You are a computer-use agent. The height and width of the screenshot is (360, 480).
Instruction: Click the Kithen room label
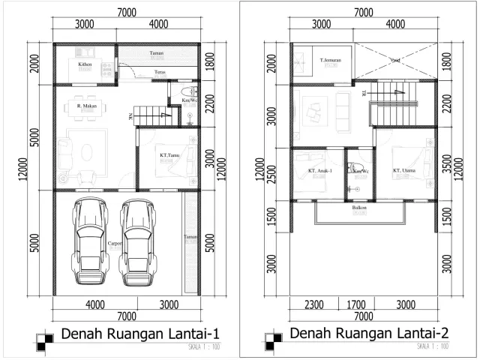pyautogui.click(x=85, y=64)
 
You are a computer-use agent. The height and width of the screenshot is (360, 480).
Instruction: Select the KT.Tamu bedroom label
pyautogui.click(x=169, y=155)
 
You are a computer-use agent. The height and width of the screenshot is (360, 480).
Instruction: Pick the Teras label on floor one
pyautogui.click(x=159, y=72)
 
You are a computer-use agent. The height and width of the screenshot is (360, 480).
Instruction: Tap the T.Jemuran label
pyautogui.click(x=331, y=60)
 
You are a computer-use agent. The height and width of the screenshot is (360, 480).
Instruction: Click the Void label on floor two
pyautogui.click(x=396, y=60)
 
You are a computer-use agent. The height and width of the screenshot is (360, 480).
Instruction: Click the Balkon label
pyautogui.click(x=358, y=208)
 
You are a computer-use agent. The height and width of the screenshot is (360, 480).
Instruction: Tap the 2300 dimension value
pyautogui.click(x=315, y=305)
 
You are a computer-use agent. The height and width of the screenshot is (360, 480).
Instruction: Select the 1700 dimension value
pyautogui.click(x=358, y=305)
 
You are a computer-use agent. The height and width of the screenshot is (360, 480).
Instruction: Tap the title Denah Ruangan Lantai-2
pyautogui.click(x=369, y=332)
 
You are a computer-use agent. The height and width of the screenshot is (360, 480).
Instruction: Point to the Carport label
pyautogui.click(x=115, y=244)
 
